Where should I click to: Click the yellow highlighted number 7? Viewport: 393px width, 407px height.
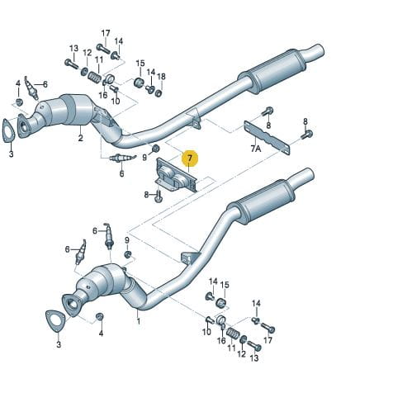coord(190,159)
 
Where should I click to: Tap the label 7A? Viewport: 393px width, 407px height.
coord(255,149)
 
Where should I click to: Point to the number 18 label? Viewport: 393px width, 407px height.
coord(161,77)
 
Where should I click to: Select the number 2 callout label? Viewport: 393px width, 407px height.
coord(80,138)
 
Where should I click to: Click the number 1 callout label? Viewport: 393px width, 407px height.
coord(139,321)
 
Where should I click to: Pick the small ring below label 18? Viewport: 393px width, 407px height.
coord(159,93)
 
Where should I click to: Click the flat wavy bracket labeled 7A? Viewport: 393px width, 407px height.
coord(267,138)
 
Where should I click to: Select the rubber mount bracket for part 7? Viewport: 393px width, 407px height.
coord(176,175)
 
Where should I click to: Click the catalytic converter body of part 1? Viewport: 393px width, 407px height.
coord(103,279)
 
